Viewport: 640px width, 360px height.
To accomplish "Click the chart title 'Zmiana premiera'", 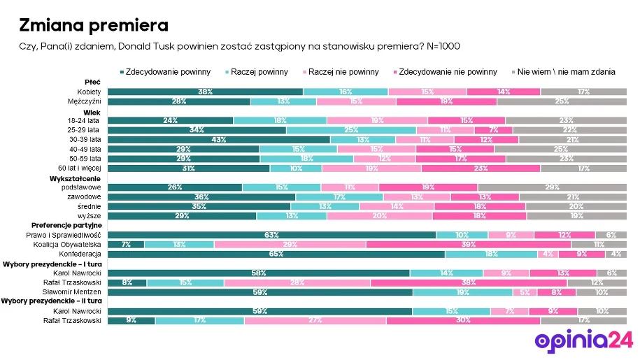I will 93,26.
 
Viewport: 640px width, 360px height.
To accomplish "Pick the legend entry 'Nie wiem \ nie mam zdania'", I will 567,72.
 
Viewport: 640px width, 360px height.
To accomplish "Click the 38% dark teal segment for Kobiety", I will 205,92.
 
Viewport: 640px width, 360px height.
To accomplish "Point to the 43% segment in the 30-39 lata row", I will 218,139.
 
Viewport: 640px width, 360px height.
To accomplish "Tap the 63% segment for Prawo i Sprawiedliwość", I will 271,235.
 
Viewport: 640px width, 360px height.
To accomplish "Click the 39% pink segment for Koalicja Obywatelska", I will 469,245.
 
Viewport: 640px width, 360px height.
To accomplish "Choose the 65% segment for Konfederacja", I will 276,254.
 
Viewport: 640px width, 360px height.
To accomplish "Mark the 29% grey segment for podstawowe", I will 552,187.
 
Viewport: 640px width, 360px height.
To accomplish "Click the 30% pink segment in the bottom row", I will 463,320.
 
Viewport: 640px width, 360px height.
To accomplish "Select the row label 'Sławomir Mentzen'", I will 78,292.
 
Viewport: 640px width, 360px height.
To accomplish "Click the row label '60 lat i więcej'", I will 80,168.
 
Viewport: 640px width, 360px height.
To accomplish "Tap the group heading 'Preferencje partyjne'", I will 67,225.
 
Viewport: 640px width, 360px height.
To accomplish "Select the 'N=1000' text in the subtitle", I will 443,45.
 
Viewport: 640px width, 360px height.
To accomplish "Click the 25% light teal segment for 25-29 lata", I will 351,130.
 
